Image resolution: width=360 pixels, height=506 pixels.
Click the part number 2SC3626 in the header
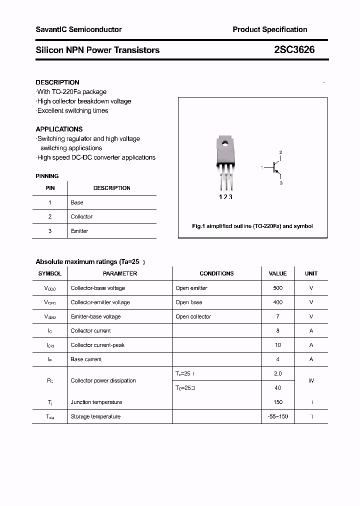coord(294,50)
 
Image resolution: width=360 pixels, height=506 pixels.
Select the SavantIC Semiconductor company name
coord(78,29)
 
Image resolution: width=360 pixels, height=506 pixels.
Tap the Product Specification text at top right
coord(269,29)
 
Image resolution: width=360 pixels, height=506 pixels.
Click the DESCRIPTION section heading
coord(57,82)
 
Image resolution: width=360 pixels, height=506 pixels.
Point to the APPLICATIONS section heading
coord(59,129)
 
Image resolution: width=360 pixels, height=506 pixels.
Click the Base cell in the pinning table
coord(77,202)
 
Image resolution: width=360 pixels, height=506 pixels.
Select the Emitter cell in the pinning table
coord(79,231)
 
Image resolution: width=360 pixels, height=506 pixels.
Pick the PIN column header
coord(50,188)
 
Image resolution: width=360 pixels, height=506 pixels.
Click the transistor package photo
coord(225,163)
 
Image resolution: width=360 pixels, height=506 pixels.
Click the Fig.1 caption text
coord(252,226)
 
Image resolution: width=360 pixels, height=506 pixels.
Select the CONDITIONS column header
coord(216,273)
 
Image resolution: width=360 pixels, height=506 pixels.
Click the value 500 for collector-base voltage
coord(278,288)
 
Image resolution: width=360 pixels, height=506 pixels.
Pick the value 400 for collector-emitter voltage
coord(278,302)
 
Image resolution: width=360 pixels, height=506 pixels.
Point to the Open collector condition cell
coord(193,316)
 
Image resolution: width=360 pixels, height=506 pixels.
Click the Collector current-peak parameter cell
coord(97,345)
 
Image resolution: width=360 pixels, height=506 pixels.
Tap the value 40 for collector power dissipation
coord(278,387)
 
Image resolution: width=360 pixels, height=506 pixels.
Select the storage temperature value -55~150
coord(278,416)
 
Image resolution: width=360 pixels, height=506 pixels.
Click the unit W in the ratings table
coord(311,380)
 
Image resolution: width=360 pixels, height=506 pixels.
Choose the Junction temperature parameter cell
coord(96,402)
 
